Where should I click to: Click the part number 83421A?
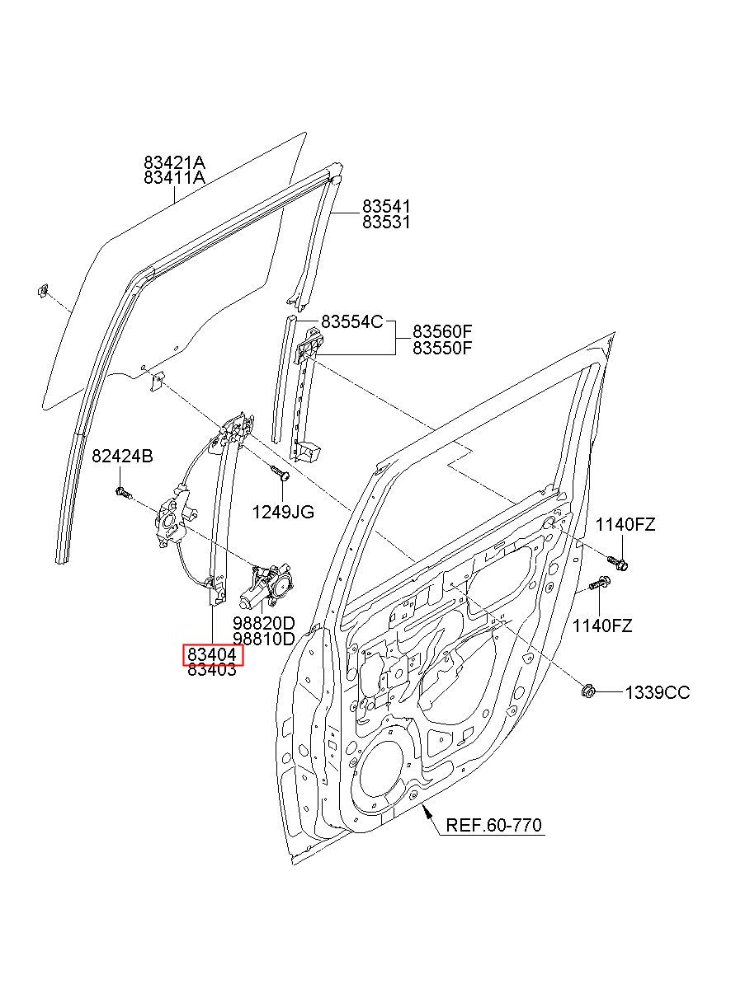(x=174, y=162)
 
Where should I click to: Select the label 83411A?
(x=174, y=178)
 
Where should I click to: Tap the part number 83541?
(x=386, y=206)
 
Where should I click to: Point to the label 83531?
(x=386, y=222)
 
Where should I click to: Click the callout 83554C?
(x=352, y=321)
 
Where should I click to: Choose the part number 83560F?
(x=442, y=331)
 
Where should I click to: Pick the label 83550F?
(x=442, y=348)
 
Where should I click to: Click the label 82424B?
(x=123, y=456)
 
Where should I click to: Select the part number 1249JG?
(x=283, y=513)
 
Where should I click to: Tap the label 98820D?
(x=264, y=623)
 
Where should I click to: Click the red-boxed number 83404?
(x=212, y=654)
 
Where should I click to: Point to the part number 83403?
(x=212, y=669)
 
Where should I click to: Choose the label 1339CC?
(x=657, y=693)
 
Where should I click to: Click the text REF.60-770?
(x=493, y=825)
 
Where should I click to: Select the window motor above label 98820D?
(x=266, y=585)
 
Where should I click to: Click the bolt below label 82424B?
(x=124, y=493)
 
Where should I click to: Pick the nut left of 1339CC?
(x=588, y=692)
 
